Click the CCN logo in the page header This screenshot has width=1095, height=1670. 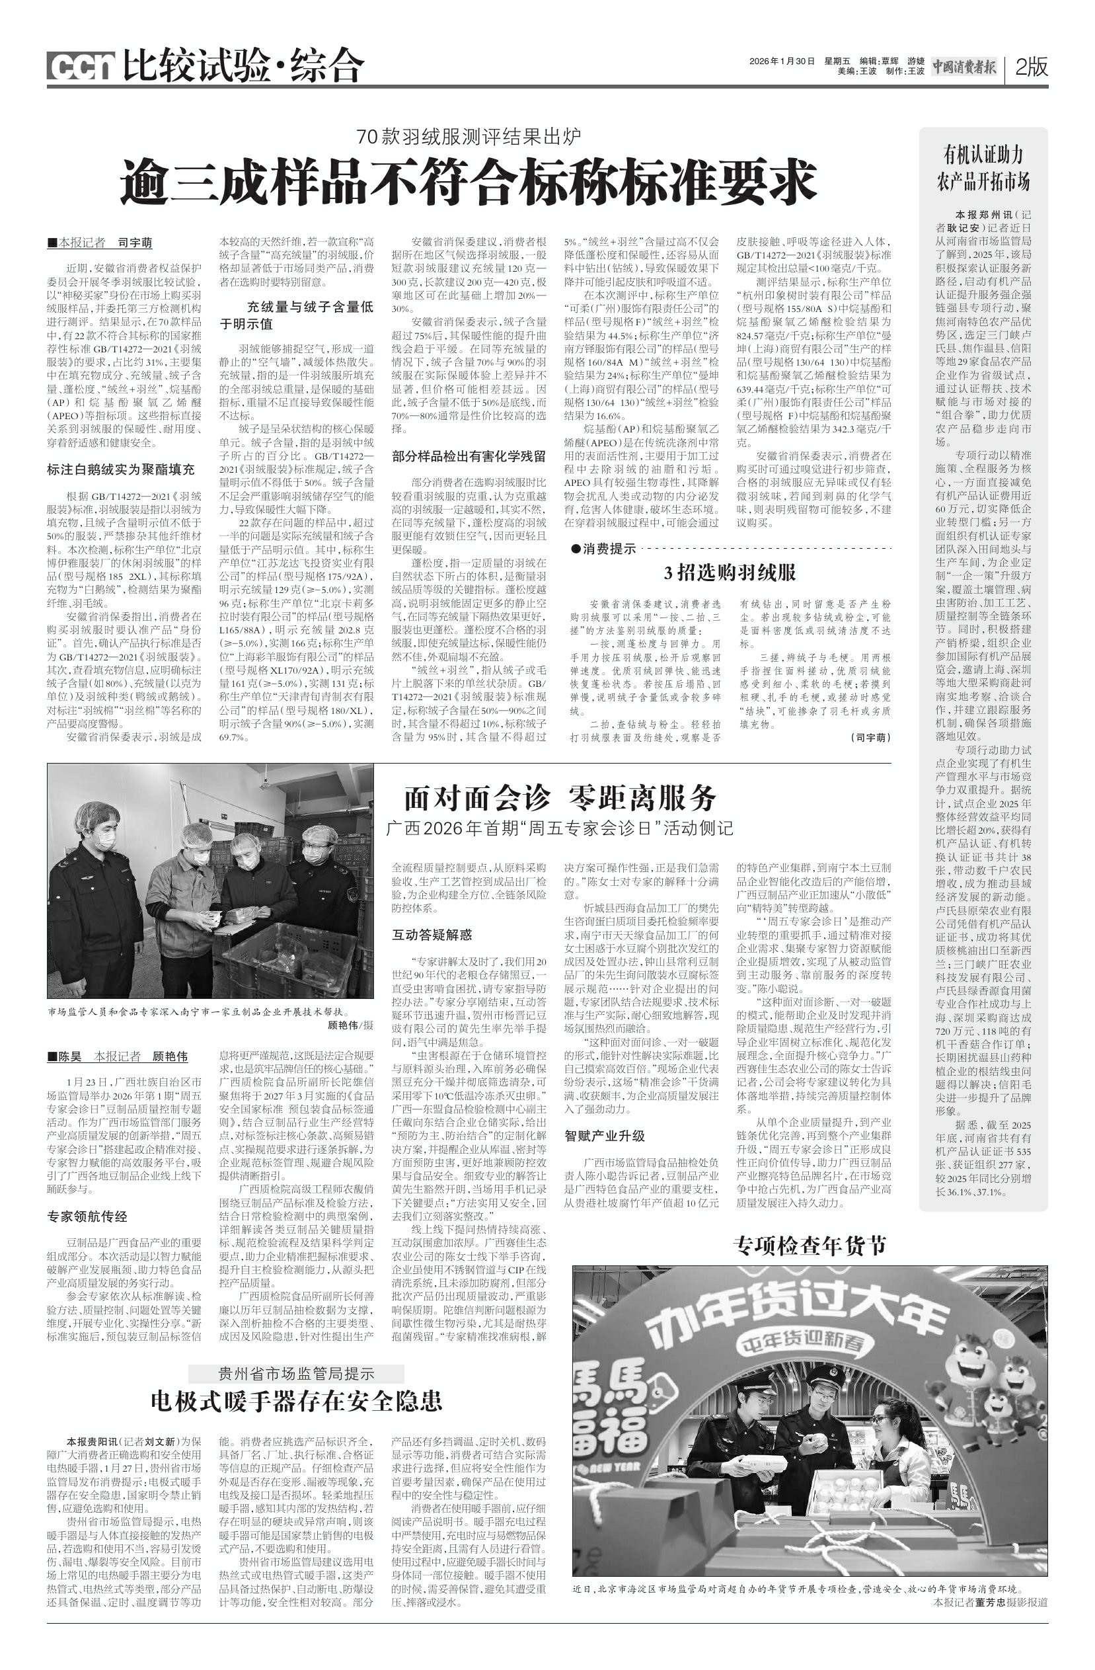[81, 67]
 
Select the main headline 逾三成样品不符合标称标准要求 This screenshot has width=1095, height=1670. [469, 181]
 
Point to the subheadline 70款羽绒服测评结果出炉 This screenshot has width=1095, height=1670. [469, 136]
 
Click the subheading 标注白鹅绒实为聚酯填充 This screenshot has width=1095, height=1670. [121, 469]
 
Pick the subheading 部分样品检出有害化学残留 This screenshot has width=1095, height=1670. [469, 456]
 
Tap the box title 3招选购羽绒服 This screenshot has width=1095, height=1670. [730, 573]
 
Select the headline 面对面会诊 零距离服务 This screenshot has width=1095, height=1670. [560, 798]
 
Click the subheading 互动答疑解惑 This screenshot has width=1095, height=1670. [432, 935]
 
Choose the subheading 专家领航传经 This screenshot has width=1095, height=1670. [87, 1216]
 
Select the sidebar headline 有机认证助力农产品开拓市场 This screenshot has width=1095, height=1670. [983, 169]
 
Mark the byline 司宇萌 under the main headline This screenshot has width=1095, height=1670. [135, 243]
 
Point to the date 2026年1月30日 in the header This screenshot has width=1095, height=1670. [782, 61]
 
